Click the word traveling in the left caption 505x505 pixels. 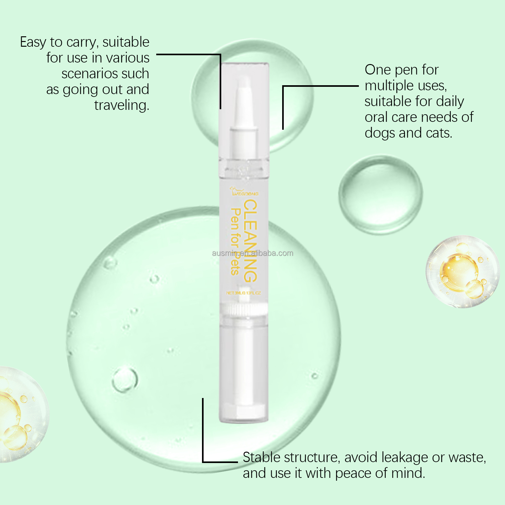[x=121, y=105]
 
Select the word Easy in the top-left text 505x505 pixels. [x=33, y=42]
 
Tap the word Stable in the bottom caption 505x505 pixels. [x=261, y=458]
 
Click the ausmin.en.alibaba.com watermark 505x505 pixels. [x=252, y=253]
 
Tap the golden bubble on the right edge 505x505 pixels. [x=462, y=271]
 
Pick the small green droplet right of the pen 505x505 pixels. [x=381, y=194]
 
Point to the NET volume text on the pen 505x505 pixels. [x=243, y=293]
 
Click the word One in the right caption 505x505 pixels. [x=377, y=70]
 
